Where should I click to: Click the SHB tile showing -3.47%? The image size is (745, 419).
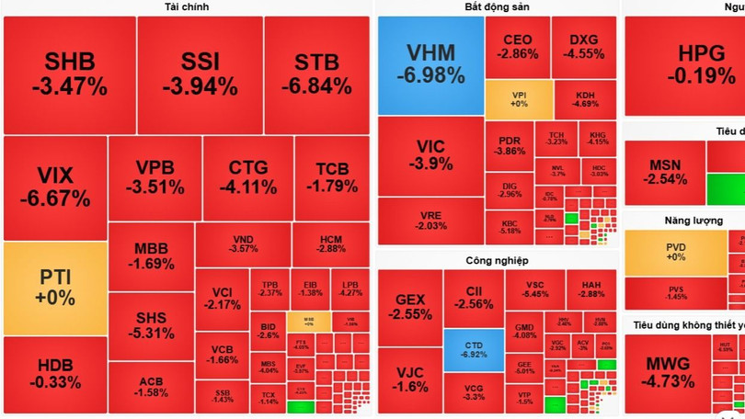click(x=69, y=74)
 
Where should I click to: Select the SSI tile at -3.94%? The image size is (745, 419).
click(x=200, y=74)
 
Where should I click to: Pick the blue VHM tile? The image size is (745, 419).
click(x=430, y=64)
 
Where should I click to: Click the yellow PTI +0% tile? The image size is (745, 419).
click(x=54, y=288)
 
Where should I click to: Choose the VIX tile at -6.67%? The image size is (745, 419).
click(x=54, y=187)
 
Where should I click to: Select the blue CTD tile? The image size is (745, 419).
click(x=474, y=349)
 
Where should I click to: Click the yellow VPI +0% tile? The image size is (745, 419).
click(x=519, y=99)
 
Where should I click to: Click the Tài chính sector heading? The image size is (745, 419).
click(x=187, y=7)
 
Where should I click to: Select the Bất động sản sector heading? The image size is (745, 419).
click(x=497, y=7)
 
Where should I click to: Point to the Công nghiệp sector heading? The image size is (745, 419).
click(x=497, y=261)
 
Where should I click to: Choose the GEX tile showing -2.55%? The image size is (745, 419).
click(x=409, y=306)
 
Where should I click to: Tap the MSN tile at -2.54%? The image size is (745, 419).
click(x=664, y=172)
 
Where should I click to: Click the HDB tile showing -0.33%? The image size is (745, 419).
click(x=54, y=375)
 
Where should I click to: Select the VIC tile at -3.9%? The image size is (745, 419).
click(x=430, y=155)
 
